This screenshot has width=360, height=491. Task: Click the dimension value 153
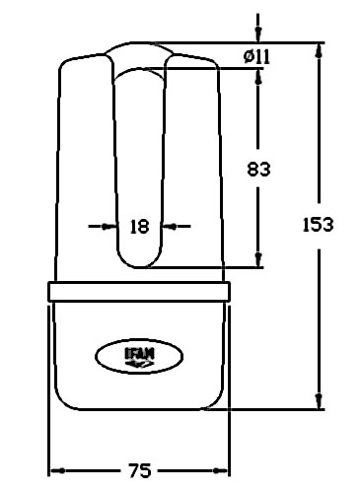(x=318, y=225)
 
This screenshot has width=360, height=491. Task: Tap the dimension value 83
(x=258, y=170)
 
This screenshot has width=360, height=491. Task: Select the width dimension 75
(x=139, y=470)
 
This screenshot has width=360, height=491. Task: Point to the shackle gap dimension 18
(x=140, y=227)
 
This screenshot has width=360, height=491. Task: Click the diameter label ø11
(x=256, y=56)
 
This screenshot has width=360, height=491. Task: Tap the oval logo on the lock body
(x=139, y=356)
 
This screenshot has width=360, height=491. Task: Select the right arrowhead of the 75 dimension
(x=220, y=471)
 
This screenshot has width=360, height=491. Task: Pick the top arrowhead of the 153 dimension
(x=319, y=51)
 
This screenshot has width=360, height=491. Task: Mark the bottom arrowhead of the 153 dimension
(x=319, y=401)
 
